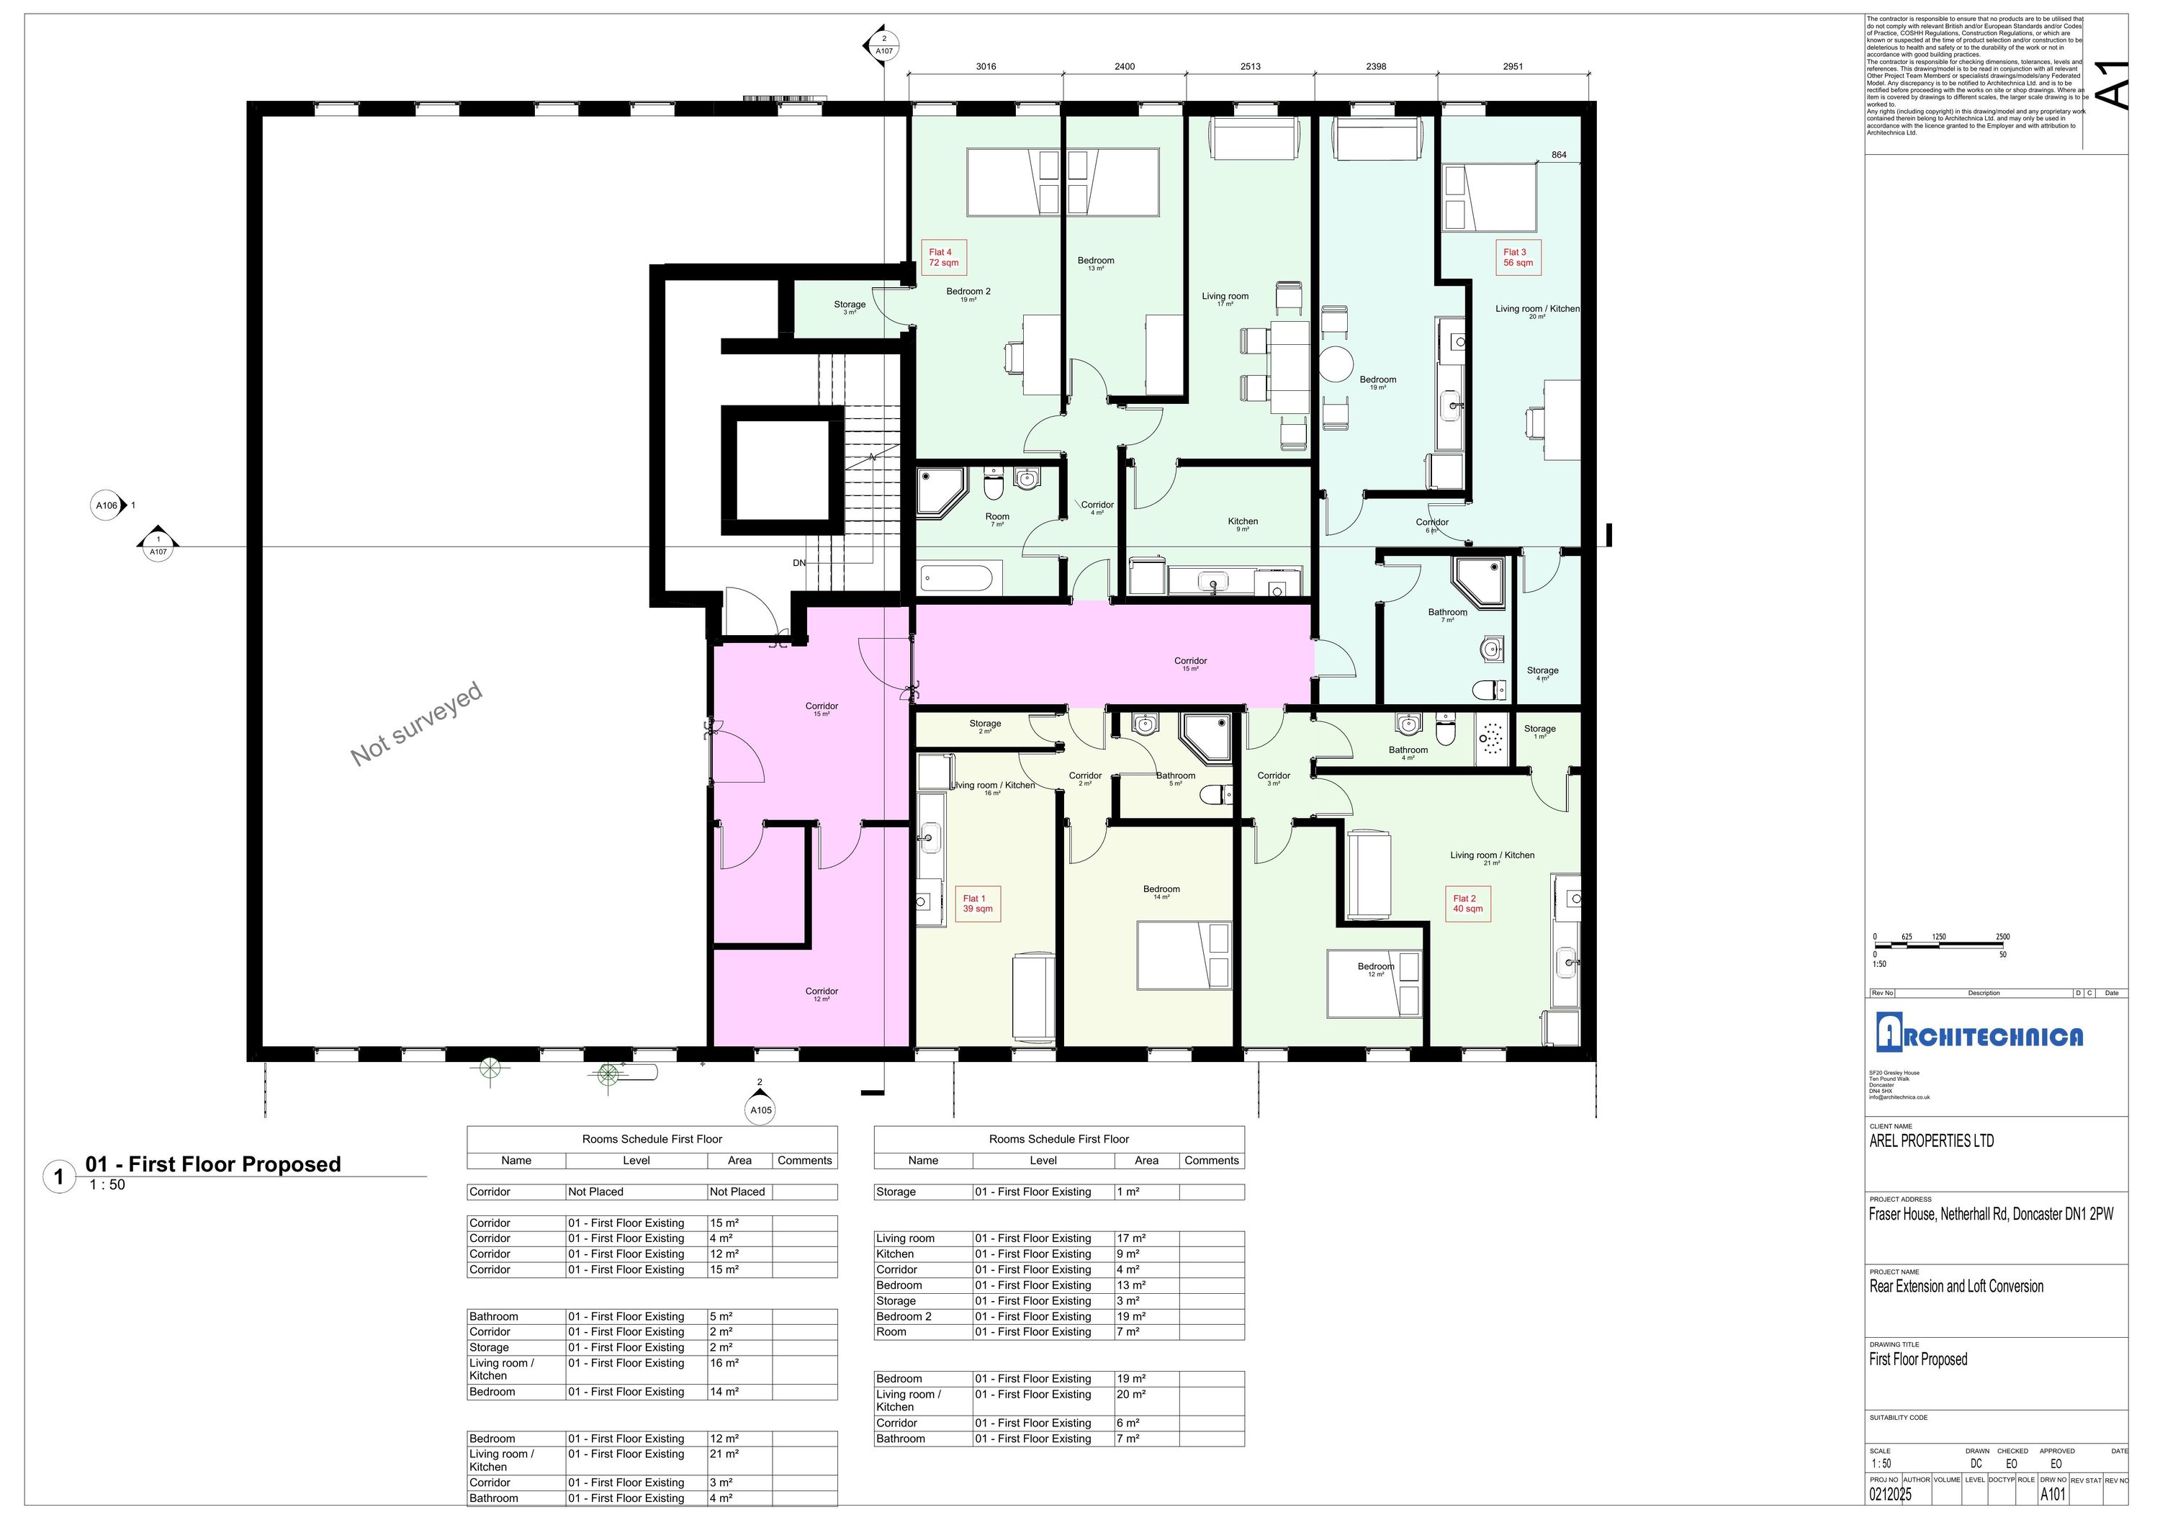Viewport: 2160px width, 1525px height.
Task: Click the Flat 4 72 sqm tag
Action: [x=944, y=258]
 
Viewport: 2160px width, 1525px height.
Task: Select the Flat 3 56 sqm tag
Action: [x=1518, y=258]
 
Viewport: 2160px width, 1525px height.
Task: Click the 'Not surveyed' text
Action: [x=417, y=724]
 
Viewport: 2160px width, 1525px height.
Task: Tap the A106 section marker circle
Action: [x=107, y=506]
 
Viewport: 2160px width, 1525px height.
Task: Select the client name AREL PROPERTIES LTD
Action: [x=1931, y=1141]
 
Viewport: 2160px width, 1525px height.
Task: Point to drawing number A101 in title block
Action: [x=2053, y=1494]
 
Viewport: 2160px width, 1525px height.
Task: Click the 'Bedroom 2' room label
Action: [x=968, y=294]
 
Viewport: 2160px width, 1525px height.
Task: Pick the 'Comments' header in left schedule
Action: [x=804, y=1161]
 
